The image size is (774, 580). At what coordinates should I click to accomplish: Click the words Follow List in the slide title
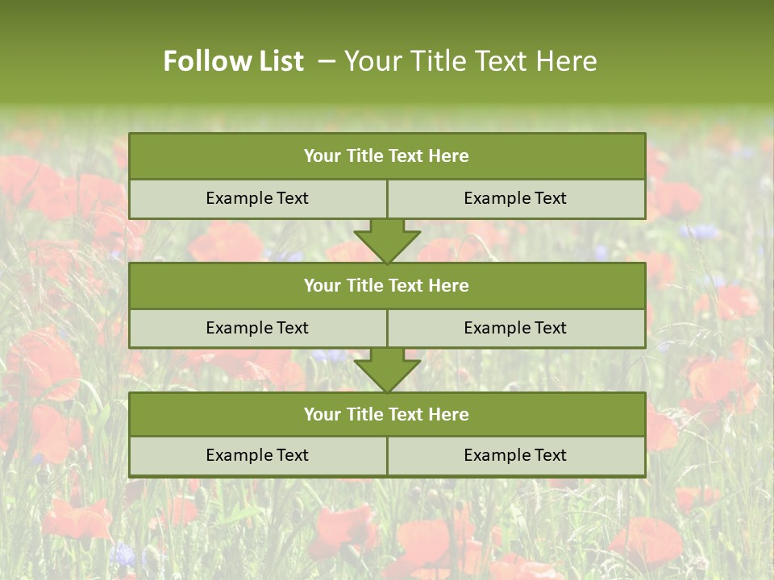click(233, 61)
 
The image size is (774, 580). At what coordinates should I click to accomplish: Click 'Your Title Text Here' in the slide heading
click(470, 61)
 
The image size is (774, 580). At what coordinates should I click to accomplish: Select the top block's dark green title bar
click(387, 156)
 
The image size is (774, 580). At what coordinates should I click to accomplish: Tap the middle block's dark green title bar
click(387, 285)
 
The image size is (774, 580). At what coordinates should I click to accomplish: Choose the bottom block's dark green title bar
click(387, 414)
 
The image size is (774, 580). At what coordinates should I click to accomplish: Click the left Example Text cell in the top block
click(257, 198)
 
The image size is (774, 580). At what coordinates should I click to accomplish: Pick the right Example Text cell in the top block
click(515, 198)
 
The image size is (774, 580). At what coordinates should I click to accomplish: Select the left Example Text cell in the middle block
click(257, 328)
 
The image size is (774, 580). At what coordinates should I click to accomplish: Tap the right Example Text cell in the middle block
click(515, 328)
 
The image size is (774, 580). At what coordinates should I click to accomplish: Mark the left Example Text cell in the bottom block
click(257, 455)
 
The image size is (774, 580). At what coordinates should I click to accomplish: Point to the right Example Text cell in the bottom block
click(515, 455)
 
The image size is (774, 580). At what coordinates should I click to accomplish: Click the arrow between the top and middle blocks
click(387, 241)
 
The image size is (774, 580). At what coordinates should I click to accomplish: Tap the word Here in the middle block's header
click(448, 285)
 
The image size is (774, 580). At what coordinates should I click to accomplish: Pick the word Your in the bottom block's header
click(322, 414)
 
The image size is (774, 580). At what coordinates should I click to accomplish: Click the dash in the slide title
click(327, 61)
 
